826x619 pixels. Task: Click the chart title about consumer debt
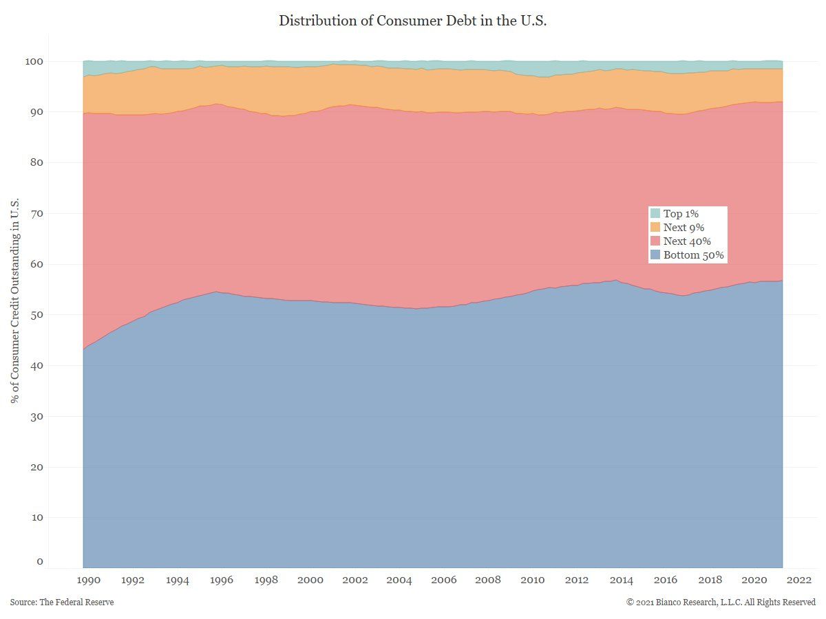413,21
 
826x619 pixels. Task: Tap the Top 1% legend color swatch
655,214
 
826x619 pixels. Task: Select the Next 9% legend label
684,228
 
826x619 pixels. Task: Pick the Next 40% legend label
686,241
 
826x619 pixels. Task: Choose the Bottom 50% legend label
693,255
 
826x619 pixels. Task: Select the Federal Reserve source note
62,602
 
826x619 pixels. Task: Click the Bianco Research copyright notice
721,602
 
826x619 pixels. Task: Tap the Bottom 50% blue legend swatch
655,255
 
